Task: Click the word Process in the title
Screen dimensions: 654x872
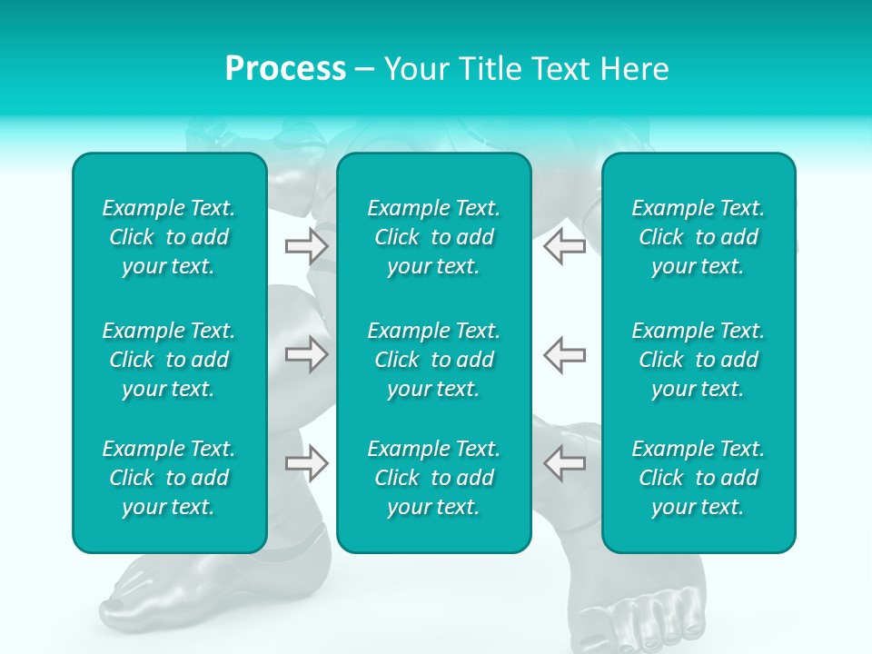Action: pos(285,69)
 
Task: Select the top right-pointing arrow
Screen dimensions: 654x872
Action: pos(307,245)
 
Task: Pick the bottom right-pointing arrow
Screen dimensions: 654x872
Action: pos(307,462)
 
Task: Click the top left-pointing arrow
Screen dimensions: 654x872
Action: pos(564,245)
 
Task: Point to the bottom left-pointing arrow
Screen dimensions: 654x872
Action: pos(564,462)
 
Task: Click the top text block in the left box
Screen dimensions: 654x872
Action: pos(169,237)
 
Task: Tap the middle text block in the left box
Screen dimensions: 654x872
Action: pos(169,360)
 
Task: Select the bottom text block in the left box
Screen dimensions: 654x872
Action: pos(169,478)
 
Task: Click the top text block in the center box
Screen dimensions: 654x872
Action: pos(434,237)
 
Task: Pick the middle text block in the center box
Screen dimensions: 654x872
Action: pos(434,360)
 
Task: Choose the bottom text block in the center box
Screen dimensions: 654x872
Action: pos(434,478)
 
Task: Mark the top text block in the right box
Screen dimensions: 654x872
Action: pos(699,237)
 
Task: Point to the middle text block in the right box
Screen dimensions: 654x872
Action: pos(699,360)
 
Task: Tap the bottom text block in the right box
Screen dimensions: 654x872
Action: pos(699,478)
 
